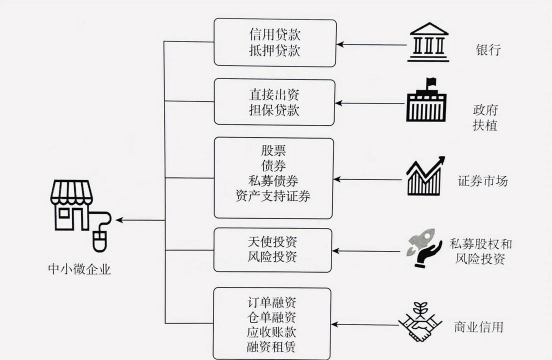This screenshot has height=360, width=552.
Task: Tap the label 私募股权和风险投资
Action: (487, 250)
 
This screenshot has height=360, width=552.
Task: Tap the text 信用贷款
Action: (273, 34)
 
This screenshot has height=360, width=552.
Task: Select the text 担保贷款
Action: (273, 111)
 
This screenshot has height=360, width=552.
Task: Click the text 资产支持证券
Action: (273, 196)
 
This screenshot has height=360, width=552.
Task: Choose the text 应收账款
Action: (273, 332)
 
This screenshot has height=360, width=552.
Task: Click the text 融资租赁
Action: (273, 348)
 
